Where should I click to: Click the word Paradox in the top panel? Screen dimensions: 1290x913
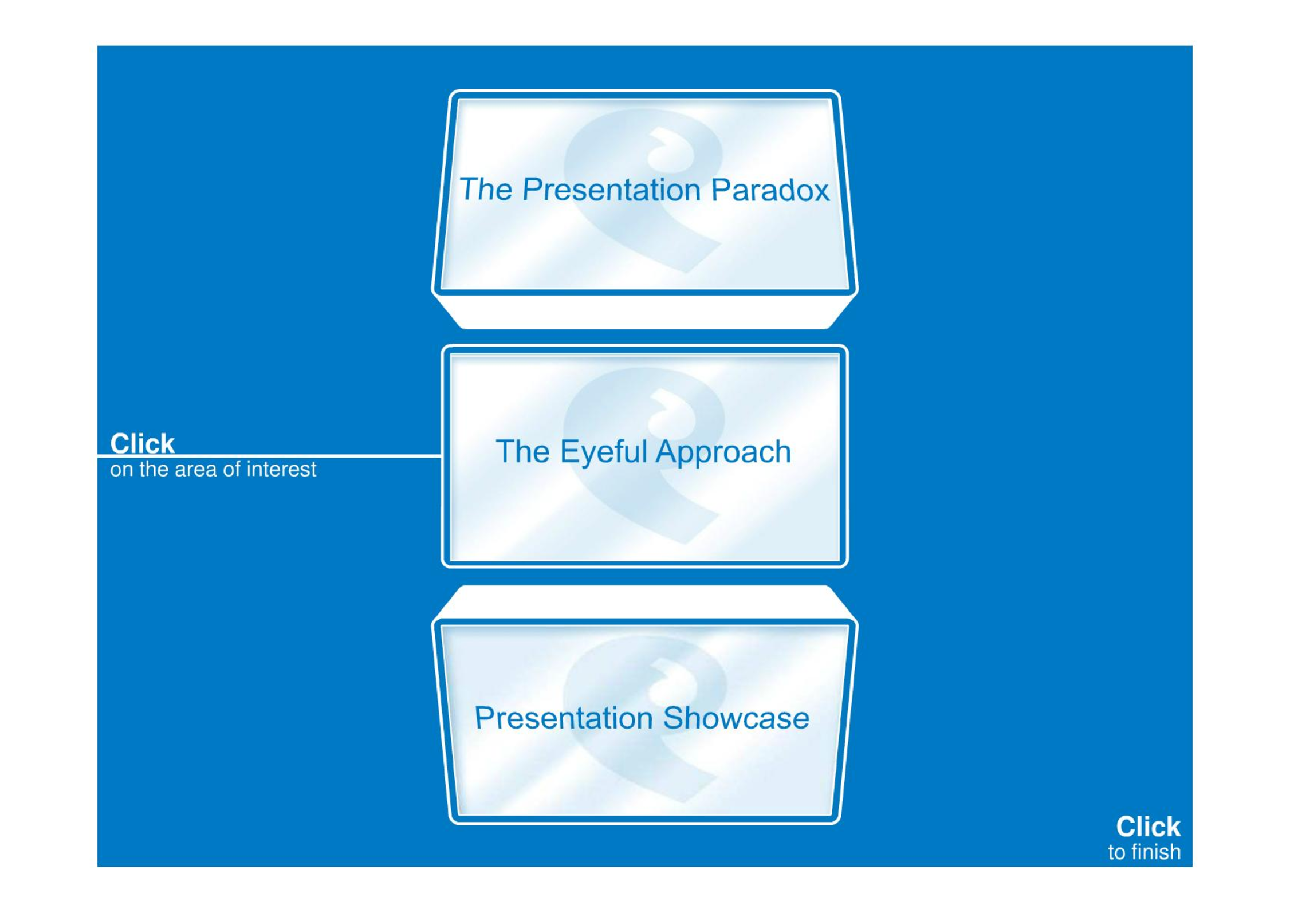pos(770,190)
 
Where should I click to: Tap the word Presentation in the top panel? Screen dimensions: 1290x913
pos(612,190)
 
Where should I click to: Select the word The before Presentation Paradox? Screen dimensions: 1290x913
pos(486,190)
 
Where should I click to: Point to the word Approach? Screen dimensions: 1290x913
pos(723,452)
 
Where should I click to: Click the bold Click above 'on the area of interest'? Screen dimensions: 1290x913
pos(142,443)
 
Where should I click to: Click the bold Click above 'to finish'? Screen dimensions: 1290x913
pos(1148,827)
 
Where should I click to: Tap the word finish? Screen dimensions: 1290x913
pos(1158,852)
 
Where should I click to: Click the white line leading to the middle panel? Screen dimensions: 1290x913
pos(269,456)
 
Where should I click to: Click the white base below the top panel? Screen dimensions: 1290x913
pos(644,313)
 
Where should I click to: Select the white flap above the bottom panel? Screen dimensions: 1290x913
pos(644,602)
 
